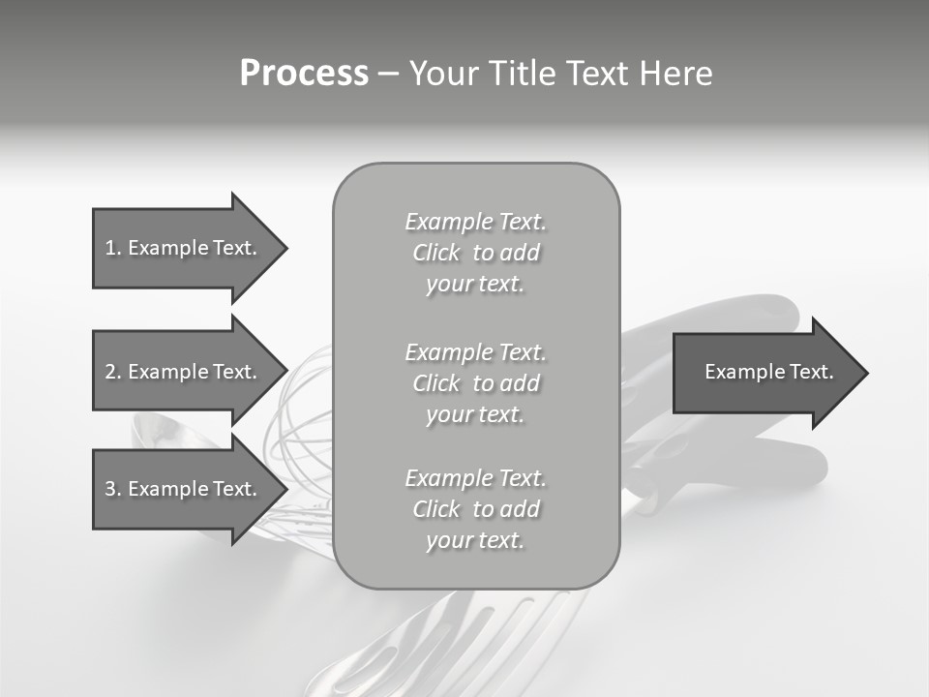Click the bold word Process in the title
pos(304,74)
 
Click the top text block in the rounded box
pos(475,253)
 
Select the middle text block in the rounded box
pos(475,383)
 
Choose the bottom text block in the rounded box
pos(475,509)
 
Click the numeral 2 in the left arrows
pos(110,372)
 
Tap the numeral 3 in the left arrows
pos(110,489)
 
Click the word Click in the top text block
pos(436,253)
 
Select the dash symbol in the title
pos(388,75)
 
